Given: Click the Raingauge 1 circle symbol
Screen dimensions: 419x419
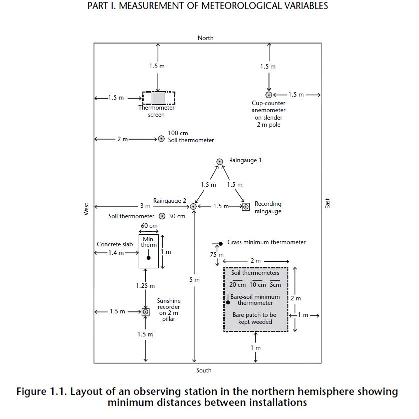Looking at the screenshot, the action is [x=220, y=162].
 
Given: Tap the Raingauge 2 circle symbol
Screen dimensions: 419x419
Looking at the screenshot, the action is [x=193, y=207].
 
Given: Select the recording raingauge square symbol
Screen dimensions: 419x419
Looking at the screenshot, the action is [x=246, y=207].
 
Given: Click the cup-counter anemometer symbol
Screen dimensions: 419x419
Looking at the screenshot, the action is [x=269, y=95].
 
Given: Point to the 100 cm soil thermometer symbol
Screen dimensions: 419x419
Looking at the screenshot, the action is [x=161, y=139].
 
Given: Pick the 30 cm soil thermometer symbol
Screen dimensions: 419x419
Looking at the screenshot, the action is [x=162, y=216].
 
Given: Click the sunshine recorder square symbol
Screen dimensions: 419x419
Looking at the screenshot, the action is [x=146, y=312].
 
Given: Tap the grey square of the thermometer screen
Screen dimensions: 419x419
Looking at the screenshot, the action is [x=159, y=98].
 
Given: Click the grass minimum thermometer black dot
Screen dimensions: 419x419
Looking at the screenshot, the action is [x=221, y=244].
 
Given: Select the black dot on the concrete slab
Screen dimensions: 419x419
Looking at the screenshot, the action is [x=149, y=258].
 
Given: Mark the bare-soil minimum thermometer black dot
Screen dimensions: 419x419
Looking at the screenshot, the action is [x=228, y=302].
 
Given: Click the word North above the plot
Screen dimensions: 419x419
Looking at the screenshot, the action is [x=205, y=38].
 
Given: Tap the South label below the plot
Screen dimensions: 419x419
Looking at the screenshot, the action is [x=204, y=370].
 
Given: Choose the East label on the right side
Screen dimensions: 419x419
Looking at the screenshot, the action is [x=327, y=203].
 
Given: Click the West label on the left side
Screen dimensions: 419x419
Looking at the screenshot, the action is [x=86, y=209].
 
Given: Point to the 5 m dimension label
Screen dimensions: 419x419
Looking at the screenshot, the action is [x=195, y=280].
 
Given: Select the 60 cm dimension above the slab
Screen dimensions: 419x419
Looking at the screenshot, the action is [x=149, y=226].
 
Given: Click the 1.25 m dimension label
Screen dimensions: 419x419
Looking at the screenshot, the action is [x=145, y=286].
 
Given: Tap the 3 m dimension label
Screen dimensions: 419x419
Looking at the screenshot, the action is [x=145, y=206].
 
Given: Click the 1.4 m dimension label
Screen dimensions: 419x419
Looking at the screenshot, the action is [x=116, y=253].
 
